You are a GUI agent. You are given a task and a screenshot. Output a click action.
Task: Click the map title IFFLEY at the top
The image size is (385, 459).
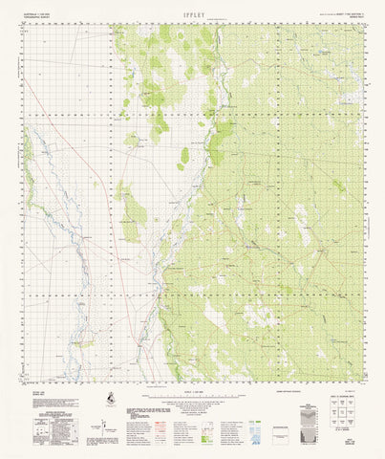tap(193, 13)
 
